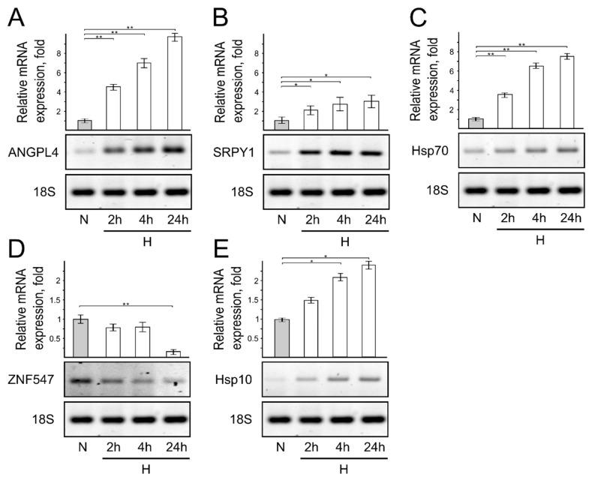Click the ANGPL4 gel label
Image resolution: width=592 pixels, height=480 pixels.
[32, 152]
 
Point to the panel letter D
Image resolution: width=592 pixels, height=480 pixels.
[15, 246]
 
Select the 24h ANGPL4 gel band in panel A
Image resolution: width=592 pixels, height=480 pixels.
[174, 150]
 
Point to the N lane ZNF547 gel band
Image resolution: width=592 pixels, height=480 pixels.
[83, 380]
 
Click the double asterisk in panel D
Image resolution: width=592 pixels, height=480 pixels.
[125, 303]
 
